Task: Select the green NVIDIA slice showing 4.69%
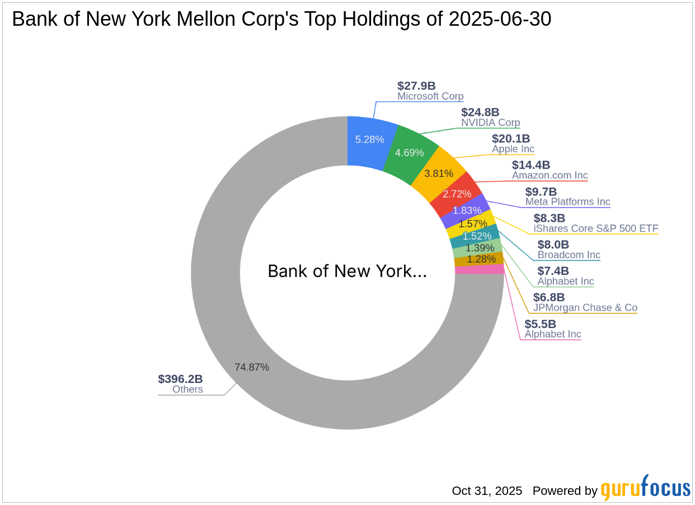pos(409,152)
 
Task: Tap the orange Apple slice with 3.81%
pos(439,173)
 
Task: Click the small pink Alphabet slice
pos(479,270)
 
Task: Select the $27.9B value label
pos(416,86)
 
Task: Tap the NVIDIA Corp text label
pos(490,123)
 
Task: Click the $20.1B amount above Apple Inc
pos(510,138)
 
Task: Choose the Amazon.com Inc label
pos(550,175)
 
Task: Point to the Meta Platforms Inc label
pos(567,202)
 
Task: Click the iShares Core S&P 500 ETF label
pos(595,228)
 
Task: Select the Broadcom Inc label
pos(569,255)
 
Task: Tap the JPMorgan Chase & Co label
pos(585,307)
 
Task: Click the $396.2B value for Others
pos(180,379)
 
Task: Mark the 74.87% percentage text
pos(252,367)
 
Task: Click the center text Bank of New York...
pos(347,272)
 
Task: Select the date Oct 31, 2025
pos(487,491)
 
